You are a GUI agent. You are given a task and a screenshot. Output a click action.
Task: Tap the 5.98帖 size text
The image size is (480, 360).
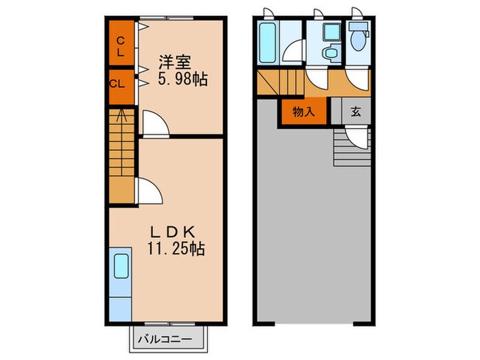[182, 79]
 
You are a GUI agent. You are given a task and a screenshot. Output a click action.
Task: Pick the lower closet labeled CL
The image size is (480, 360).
[117, 85]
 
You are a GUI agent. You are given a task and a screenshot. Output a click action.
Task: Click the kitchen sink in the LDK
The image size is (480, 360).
[121, 265]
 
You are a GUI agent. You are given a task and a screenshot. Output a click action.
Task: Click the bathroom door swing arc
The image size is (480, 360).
[296, 53]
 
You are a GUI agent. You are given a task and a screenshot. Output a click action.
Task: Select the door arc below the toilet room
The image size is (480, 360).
[357, 80]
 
